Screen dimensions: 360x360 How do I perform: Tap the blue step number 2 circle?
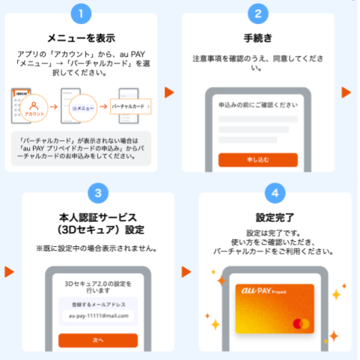click(258, 14)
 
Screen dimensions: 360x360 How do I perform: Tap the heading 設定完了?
click(275, 217)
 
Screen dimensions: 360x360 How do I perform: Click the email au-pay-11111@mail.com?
click(97, 315)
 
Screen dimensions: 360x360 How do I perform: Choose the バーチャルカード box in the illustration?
click(128, 108)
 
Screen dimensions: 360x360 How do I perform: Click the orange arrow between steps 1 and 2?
click(169, 93)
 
